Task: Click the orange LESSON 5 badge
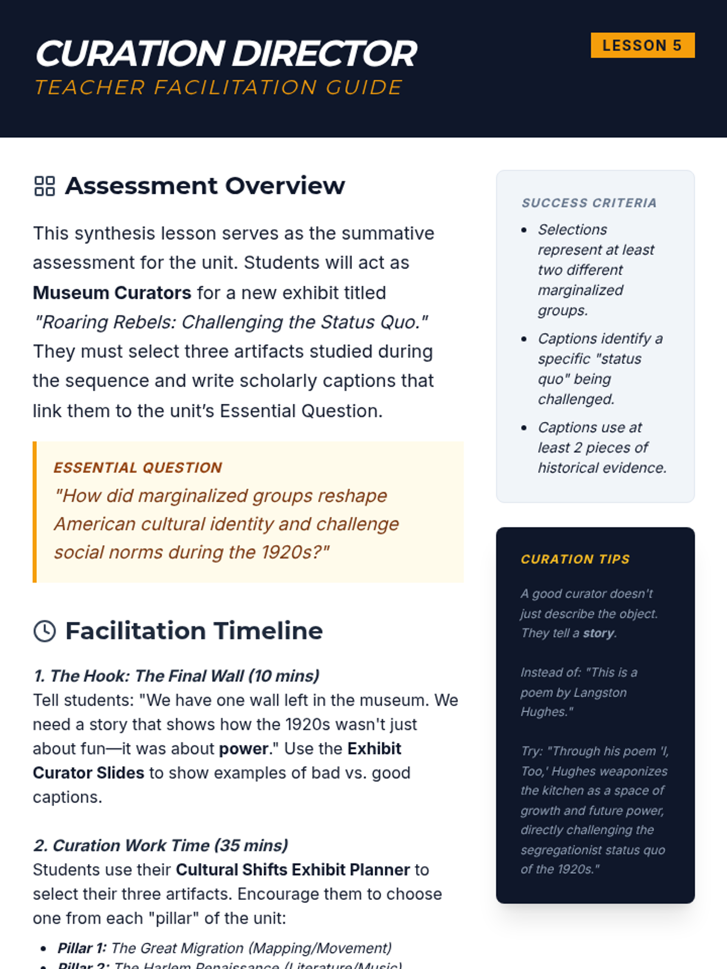642,45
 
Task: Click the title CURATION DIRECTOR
226,53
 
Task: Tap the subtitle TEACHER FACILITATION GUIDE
218,88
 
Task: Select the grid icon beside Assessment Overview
44,186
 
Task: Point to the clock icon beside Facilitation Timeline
44,631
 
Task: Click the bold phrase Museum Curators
112,293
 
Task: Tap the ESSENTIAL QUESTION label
138,468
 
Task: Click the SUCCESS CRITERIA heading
589,203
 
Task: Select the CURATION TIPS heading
575,559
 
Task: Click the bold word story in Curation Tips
599,633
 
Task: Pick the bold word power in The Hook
243,749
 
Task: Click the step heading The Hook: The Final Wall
176,676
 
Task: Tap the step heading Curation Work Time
161,845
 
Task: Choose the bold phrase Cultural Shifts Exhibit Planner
293,870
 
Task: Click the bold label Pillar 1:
82,948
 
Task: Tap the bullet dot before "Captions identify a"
524,339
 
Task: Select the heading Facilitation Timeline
194,631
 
